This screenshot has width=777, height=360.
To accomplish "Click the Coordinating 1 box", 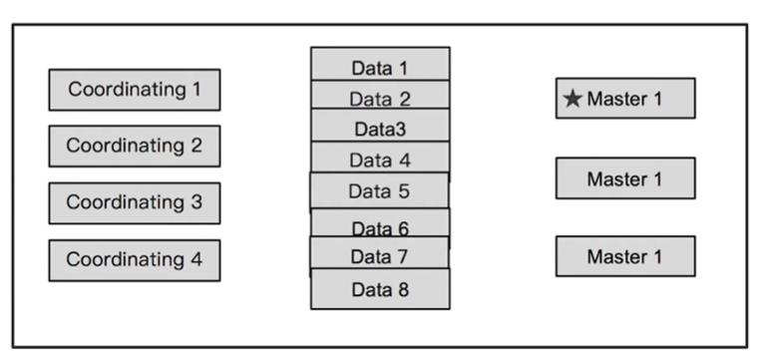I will point(134,90).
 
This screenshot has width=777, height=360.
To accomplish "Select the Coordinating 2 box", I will point(134,146).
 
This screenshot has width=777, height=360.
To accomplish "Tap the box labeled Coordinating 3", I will point(134,202).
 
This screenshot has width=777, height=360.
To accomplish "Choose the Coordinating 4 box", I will point(134,259).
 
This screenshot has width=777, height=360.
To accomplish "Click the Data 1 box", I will point(379,67).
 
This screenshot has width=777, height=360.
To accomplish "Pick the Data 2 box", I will point(379,98).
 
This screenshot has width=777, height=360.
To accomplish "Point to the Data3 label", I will point(379,129).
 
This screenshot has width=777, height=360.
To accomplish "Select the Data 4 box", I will point(379,159).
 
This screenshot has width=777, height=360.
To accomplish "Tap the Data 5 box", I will point(379,190).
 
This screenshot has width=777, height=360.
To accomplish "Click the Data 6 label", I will point(379,227).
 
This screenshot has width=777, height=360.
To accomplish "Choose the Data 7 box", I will point(379,256).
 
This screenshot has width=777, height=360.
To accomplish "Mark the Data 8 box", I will point(379,290).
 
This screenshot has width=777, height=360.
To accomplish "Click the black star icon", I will point(573,99).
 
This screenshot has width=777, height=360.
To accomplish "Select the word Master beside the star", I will point(617,99).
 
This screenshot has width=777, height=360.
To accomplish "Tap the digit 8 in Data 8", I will point(403,290).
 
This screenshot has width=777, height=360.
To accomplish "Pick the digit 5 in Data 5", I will point(403,190).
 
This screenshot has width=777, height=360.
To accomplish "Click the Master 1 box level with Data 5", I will point(624,179).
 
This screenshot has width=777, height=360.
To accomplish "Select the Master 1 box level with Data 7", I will point(624,256).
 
